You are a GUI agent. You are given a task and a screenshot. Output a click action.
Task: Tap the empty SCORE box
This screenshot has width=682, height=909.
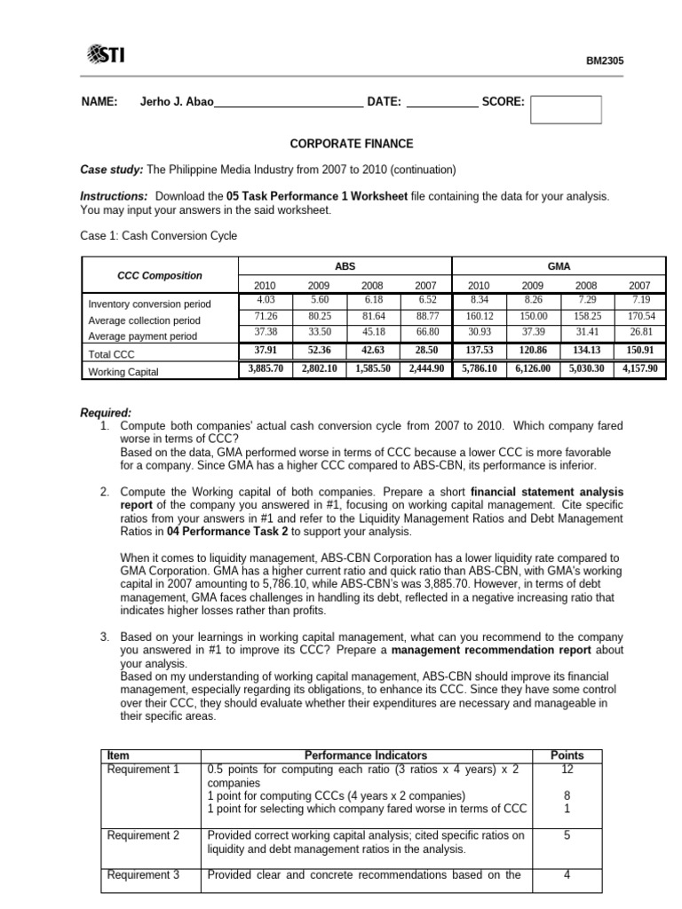click(x=566, y=110)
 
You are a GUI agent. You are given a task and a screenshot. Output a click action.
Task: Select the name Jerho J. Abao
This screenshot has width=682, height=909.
click(x=177, y=102)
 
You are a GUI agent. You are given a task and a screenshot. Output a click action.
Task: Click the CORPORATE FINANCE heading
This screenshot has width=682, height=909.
click(x=340, y=144)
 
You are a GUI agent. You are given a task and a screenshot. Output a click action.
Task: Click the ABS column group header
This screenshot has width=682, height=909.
click(x=345, y=265)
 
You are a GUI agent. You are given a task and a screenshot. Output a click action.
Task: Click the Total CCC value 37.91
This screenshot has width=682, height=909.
click(x=265, y=351)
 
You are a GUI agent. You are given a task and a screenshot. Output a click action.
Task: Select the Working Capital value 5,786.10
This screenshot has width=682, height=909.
click(x=479, y=368)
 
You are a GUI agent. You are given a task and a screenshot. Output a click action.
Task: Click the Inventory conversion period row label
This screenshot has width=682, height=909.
click(x=149, y=304)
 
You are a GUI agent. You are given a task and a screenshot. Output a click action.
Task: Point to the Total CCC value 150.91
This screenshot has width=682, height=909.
click(x=640, y=351)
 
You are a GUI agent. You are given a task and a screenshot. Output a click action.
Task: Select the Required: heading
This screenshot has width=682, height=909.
click(x=106, y=413)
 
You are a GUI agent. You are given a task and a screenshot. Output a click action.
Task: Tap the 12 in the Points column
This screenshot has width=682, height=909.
click(x=567, y=769)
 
